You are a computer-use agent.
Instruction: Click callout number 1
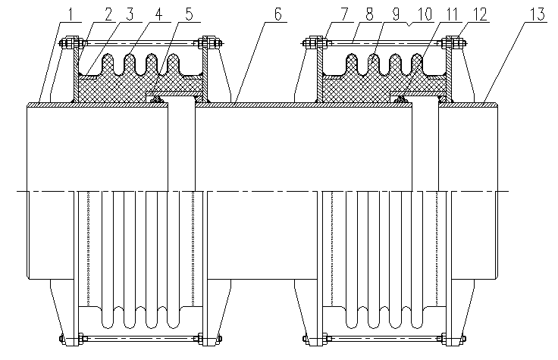[71, 15]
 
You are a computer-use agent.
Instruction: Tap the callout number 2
[108, 15]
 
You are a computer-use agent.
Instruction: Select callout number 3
[130, 15]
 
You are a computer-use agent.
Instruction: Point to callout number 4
[158, 15]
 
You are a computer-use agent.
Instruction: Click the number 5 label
[189, 15]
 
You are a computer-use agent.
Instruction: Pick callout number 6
[278, 14]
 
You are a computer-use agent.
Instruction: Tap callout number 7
[343, 14]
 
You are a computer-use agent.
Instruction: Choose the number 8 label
[370, 14]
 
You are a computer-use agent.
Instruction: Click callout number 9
[396, 14]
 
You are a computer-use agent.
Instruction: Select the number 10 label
[425, 14]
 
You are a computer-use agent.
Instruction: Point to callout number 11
[451, 14]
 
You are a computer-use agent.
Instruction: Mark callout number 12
[479, 14]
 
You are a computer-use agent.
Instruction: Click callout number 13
[538, 14]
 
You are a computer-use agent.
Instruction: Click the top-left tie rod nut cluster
[71, 43]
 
